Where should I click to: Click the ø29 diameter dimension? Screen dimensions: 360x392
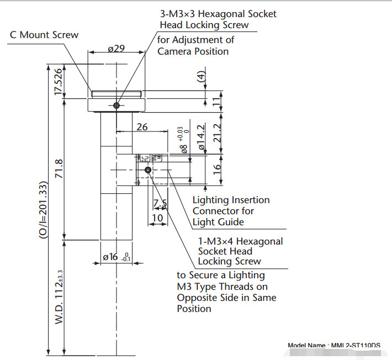[x=115, y=49]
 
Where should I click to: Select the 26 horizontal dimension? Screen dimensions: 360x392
[x=142, y=126]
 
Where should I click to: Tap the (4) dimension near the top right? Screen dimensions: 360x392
[x=202, y=77]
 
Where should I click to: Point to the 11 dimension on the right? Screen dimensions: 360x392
[x=216, y=101]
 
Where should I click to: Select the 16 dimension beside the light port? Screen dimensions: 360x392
[x=216, y=167]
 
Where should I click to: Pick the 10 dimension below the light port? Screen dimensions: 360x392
[x=157, y=218]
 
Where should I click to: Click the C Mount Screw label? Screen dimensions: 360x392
[x=44, y=35]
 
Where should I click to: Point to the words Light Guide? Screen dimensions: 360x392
[x=218, y=222]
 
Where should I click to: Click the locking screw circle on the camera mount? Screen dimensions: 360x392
[x=116, y=105]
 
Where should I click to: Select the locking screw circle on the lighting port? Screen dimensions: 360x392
[x=147, y=170]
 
